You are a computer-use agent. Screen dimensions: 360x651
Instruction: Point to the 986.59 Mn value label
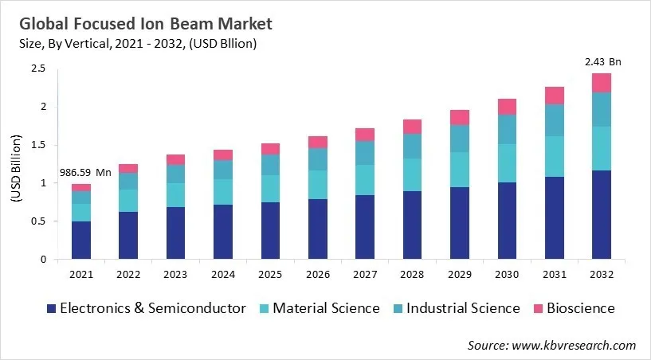click(x=80, y=172)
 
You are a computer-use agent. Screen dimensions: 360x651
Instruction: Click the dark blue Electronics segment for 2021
click(x=80, y=240)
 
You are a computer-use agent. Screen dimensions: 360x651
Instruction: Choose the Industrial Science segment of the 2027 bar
click(x=364, y=153)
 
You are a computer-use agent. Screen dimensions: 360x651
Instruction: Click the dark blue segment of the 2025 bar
click(x=270, y=230)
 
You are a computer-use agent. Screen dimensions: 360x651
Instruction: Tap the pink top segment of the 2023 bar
click(x=175, y=159)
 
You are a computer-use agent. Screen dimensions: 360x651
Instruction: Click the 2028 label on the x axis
click(x=412, y=274)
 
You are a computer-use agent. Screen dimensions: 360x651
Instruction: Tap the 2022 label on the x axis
click(x=128, y=274)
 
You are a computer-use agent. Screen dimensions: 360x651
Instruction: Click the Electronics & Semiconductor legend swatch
click(x=51, y=308)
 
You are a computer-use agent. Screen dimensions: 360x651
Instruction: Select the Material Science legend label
click(x=326, y=308)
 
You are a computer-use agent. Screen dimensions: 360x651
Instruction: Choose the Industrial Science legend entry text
click(x=464, y=308)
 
